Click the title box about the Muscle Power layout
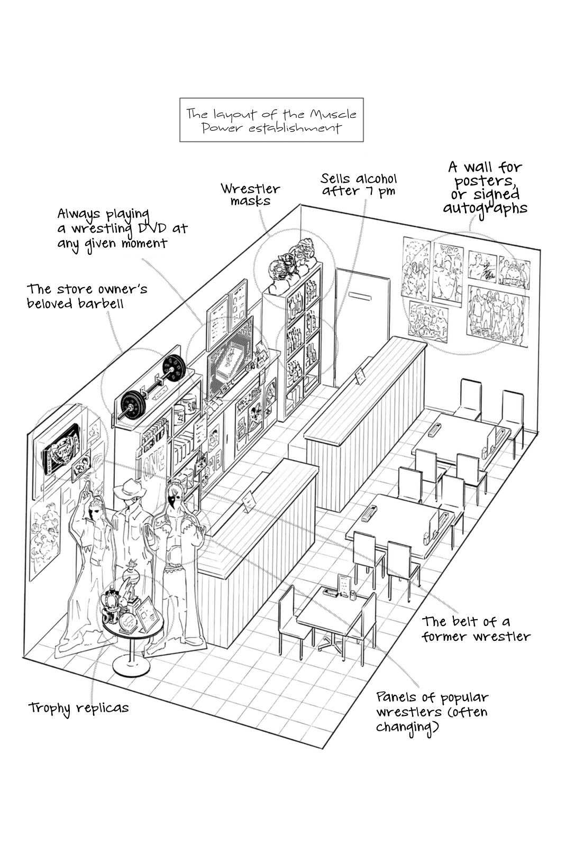click(x=271, y=120)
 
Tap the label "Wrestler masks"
click(x=250, y=195)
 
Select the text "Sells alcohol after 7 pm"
click(x=359, y=185)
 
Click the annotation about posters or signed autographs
click(x=485, y=188)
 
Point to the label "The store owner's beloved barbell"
click(x=87, y=296)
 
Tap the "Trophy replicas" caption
click(x=78, y=707)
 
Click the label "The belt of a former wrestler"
click(x=476, y=629)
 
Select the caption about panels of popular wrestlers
click(x=432, y=712)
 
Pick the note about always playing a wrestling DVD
click(x=122, y=228)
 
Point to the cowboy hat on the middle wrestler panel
click(x=129, y=490)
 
